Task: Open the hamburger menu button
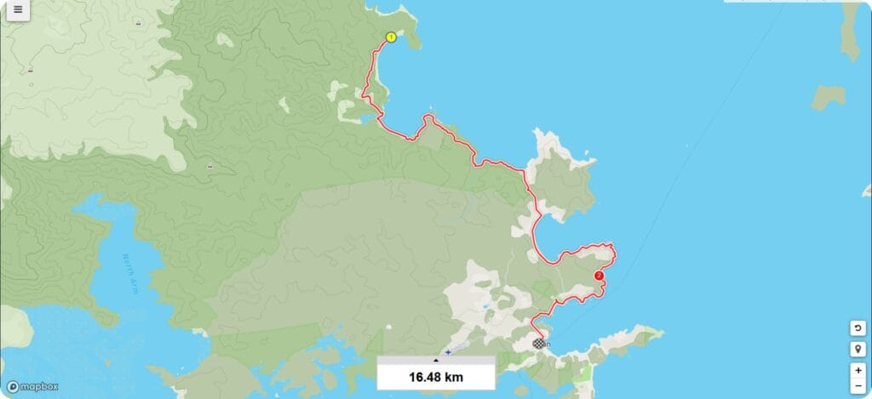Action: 17,11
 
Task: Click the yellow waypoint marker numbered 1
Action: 391,37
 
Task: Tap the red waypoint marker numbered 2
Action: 599,276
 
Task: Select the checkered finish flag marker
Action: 538,344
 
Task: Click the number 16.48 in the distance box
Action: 425,376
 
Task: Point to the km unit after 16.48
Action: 454,376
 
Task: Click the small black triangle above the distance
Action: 436,361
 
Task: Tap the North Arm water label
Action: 134,270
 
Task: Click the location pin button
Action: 858,350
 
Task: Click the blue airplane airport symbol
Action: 448,351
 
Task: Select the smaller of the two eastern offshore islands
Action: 827,97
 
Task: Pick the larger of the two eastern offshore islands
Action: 852,30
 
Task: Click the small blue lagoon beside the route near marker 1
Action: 365,118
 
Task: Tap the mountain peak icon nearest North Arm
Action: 210,166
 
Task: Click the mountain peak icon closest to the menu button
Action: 31,70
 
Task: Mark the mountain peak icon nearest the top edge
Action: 138,24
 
